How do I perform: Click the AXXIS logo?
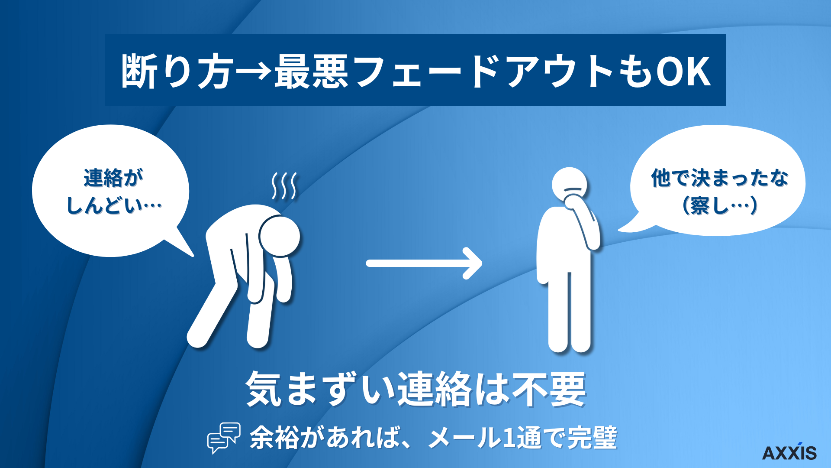[789, 452]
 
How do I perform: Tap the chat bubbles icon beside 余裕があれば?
[224, 437]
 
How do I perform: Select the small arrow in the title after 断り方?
[254, 72]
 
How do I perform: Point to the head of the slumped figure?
[280, 237]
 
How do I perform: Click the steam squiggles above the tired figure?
[284, 186]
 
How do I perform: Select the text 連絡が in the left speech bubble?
[113, 178]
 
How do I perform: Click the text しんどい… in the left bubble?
[113, 205]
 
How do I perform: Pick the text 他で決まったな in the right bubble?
[719, 178]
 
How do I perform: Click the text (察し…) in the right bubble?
[719, 205]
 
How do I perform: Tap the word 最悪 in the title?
[311, 72]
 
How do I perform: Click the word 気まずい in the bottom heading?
[320, 389]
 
